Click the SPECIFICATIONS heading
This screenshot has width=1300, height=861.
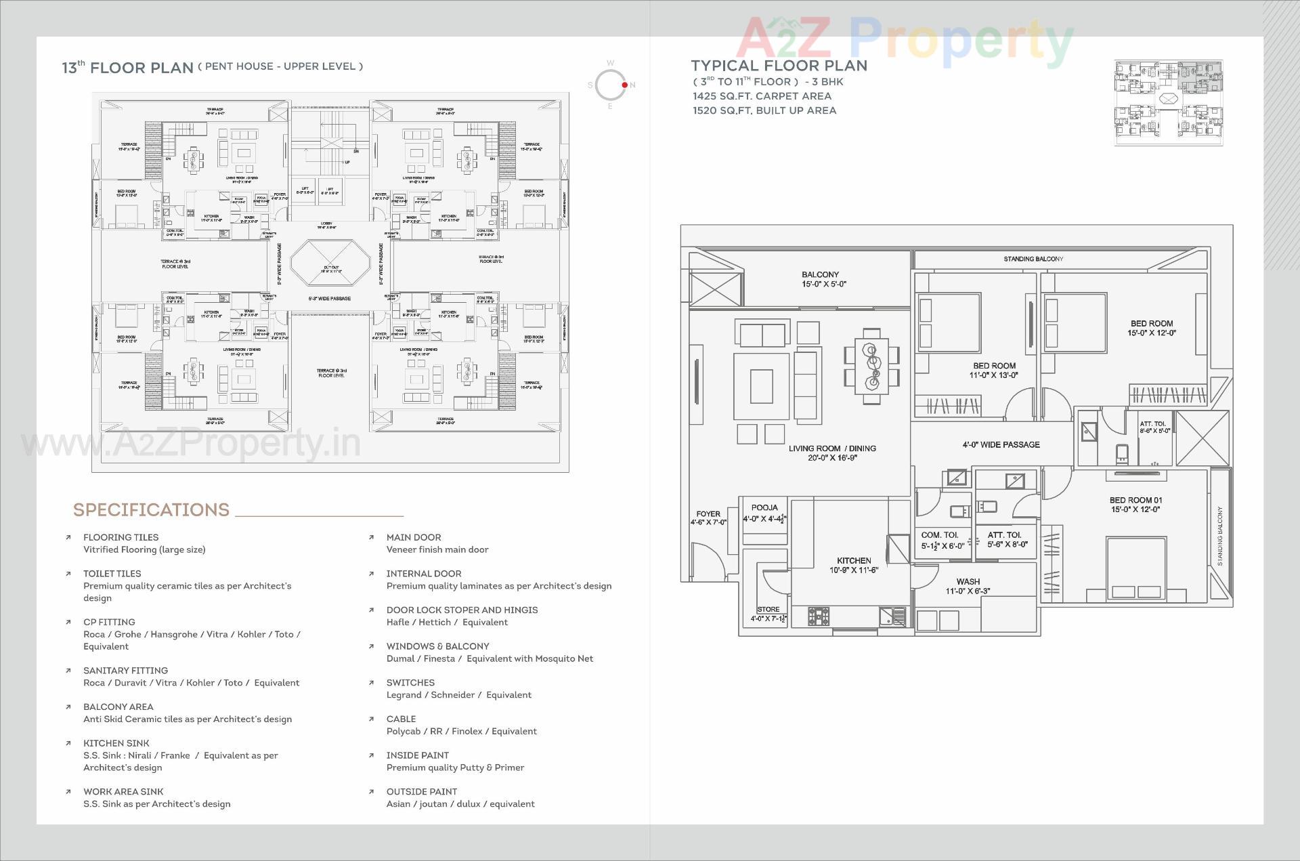click(151, 510)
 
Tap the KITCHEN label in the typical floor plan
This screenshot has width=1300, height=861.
click(854, 561)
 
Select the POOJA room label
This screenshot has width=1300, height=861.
click(764, 507)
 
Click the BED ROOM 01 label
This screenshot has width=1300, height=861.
click(1135, 501)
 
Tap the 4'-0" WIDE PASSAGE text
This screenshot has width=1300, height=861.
click(1001, 445)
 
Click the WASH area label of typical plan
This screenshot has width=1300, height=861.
click(968, 582)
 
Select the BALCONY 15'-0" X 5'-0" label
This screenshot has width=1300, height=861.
click(820, 279)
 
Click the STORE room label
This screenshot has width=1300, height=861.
click(768, 610)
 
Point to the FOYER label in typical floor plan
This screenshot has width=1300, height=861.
click(708, 514)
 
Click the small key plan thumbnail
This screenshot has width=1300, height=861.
click(1169, 102)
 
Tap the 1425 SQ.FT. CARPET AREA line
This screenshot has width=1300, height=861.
click(762, 96)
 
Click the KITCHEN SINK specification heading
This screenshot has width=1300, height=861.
click(116, 743)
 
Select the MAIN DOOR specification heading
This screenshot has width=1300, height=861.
click(414, 537)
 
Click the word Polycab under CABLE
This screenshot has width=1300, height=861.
click(402, 731)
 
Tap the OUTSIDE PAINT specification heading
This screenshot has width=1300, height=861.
click(421, 791)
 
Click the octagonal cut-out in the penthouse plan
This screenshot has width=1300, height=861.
click(330, 263)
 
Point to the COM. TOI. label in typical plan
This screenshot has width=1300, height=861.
click(939, 535)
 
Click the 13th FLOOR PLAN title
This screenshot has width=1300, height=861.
click(127, 68)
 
